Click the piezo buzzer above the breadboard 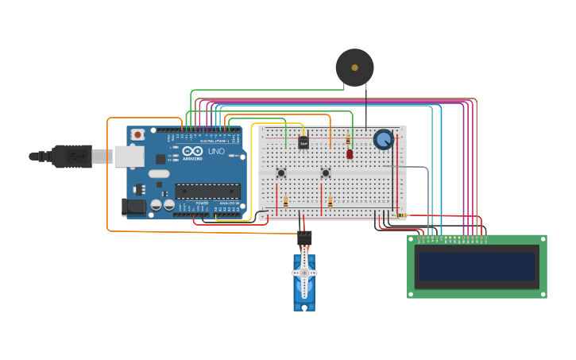click(354, 68)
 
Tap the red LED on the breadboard click(350, 154)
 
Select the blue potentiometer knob click(384, 140)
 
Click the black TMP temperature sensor click(303, 143)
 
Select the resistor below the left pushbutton click(285, 202)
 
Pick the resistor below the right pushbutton click(330, 202)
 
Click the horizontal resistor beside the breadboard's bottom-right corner click(400, 215)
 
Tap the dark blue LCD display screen click(477, 266)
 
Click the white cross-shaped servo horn click(304, 273)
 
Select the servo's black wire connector click(304, 238)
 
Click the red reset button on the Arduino click(138, 135)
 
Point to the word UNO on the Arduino click(216, 151)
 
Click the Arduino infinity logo click(193, 151)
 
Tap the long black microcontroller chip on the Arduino click(207, 191)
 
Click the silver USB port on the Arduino click(128, 157)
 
